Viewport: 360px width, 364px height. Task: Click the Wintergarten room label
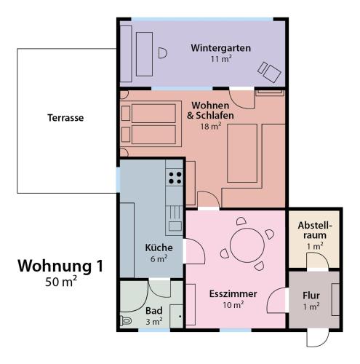click(220, 48)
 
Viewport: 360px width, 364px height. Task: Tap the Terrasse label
click(65, 118)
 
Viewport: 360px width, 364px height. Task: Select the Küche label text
click(159, 248)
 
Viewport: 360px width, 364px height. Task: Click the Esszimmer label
click(233, 294)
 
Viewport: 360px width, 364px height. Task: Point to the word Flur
click(311, 296)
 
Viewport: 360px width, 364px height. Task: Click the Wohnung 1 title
click(60, 266)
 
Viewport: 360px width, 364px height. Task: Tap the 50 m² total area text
click(61, 282)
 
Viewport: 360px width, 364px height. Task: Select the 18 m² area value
click(210, 126)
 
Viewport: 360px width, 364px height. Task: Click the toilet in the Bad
click(126, 321)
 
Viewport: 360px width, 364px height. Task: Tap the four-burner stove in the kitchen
click(175, 178)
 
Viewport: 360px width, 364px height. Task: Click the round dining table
click(247, 245)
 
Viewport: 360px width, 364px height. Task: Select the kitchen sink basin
click(175, 226)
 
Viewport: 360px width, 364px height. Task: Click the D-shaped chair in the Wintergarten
click(163, 53)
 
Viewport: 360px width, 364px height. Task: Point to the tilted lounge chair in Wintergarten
click(269, 72)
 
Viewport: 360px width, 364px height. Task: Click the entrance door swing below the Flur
click(318, 339)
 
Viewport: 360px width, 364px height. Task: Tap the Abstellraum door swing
click(318, 261)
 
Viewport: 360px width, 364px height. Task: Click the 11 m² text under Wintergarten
click(221, 59)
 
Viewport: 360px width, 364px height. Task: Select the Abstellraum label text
click(315, 230)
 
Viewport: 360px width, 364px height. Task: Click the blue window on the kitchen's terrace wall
click(118, 180)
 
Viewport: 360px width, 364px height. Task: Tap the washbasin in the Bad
click(177, 316)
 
